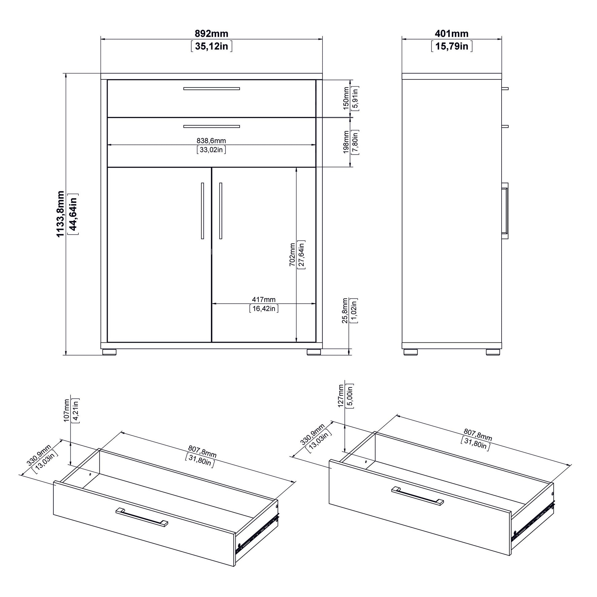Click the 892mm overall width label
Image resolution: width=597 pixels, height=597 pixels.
pyautogui.click(x=211, y=33)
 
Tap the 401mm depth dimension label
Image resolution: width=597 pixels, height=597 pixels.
pyautogui.click(x=452, y=33)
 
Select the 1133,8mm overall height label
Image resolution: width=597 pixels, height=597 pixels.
pyautogui.click(x=60, y=214)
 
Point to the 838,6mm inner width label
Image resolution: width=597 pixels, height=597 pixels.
pyautogui.click(x=211, y=141)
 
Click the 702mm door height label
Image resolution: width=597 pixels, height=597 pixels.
pyautogui.click(x=292, y=255)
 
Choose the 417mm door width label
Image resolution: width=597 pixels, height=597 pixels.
pyautogui.click(x=264, y=299)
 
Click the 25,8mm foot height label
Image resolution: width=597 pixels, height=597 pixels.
pyautogui.click(x=345, y=310)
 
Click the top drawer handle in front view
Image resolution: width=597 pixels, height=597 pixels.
pyautogui.click(x=211, y=89)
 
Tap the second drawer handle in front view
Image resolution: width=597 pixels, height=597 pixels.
pyautogui.click(x=211, y=126)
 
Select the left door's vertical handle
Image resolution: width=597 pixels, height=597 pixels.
pyautogui.click(x=202, y=211)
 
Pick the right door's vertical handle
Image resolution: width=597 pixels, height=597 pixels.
pyautogui.click(x=220, y=211)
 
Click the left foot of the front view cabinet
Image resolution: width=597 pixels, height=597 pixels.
pyautogui.click(x=109, y=352)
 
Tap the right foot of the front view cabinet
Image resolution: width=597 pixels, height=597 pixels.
pyautogui.click(x=314, y=352)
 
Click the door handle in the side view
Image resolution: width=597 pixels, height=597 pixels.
pyautogui.click(x=505, y=211)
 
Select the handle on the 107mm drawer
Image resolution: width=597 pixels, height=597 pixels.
pyautogui.click(x=142, y=517)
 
